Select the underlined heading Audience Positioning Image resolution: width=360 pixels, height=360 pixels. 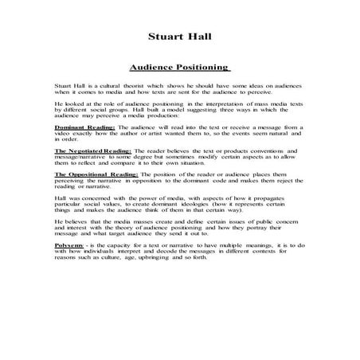[x=179, y=68]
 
